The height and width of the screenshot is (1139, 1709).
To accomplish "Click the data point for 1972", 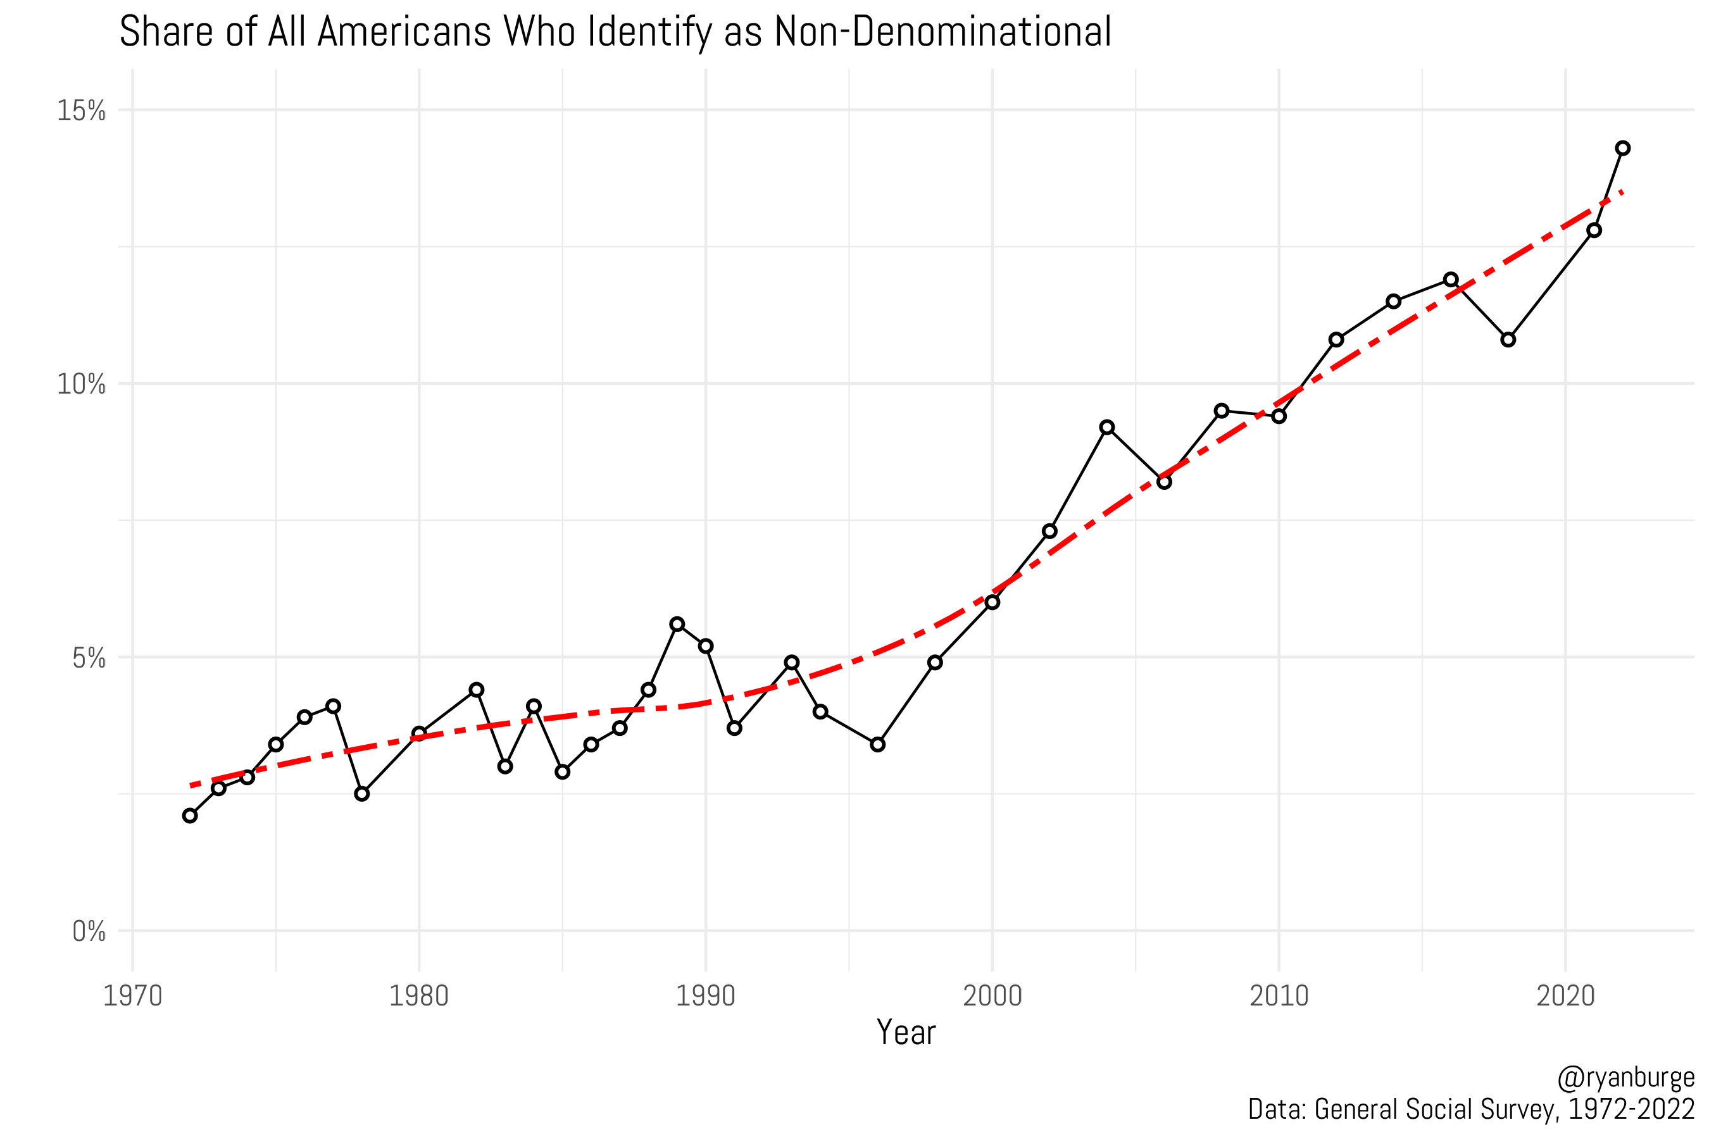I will point(191,816).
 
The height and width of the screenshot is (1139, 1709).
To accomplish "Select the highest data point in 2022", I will point(1622,148).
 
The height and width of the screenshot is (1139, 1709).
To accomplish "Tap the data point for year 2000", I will point(992,602).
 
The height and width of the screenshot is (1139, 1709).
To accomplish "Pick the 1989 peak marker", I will point(677,624).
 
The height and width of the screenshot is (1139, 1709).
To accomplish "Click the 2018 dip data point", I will point(1508,339).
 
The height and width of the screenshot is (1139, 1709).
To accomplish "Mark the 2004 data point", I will point(1106,427).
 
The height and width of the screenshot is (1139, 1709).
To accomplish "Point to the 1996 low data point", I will point(878,745).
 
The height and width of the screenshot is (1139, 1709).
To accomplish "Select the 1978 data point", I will point(362,794).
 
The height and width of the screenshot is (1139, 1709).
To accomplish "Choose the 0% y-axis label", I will point(89,931).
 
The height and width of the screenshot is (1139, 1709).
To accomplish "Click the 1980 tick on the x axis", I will point(419,996).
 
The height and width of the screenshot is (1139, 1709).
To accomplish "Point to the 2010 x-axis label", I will point(1279,996).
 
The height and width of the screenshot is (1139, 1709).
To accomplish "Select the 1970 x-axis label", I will point(133,996).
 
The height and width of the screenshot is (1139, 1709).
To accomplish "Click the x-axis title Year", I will point(906,1032).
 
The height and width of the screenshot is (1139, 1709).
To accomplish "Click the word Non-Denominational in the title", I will point(942,33).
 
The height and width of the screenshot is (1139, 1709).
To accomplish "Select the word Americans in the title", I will point(404,33).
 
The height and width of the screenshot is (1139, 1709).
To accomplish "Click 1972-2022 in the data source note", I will point(1631,1109).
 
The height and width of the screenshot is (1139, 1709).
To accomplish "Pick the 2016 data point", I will point(1451,280).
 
